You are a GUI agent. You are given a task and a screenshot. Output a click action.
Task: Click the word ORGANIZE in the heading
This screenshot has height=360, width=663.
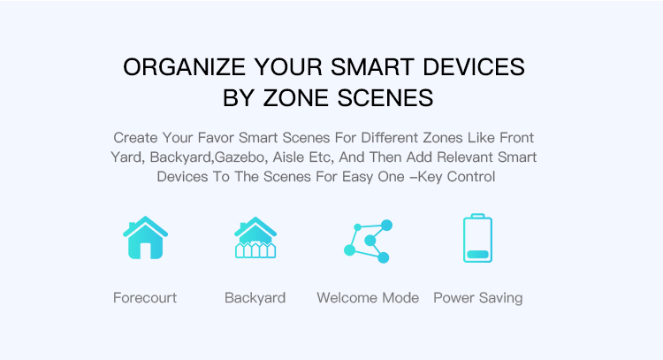coord(184,67)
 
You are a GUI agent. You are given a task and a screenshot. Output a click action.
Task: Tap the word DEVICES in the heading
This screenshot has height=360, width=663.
coord(474,67)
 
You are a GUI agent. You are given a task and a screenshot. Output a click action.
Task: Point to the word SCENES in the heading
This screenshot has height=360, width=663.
coord(385,98)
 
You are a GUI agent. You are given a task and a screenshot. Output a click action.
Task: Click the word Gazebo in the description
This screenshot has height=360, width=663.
coord(240,157)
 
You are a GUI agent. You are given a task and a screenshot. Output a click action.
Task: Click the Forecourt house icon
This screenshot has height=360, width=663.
coord(146,238)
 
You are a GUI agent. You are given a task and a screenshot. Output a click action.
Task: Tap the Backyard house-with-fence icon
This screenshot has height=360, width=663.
coord(255,238)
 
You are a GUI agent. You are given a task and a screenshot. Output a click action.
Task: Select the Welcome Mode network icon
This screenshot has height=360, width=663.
coord(369,241)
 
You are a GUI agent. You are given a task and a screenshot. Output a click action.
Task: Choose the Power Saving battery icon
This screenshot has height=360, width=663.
coord(477,238)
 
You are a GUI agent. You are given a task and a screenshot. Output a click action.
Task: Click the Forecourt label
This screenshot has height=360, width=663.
coord(145,298)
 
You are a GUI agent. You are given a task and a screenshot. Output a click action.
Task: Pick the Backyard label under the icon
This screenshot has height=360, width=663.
coord(255,298)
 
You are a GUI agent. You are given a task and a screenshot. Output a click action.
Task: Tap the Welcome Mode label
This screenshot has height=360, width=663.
coord(368,298)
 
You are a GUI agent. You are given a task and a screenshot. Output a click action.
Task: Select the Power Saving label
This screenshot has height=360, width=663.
coord(478,298)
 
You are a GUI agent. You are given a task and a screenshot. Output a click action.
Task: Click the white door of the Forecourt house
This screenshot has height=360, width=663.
coord(146,251)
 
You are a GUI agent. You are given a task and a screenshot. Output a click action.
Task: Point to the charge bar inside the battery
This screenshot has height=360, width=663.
coord(477,255)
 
